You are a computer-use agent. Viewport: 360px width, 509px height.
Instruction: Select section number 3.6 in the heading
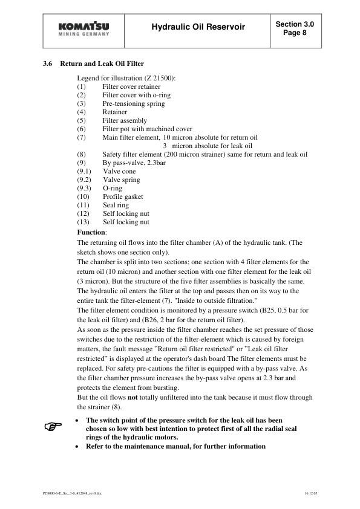tap(48, 63)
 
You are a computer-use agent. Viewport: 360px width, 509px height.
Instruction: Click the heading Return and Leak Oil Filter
tap(102, 63)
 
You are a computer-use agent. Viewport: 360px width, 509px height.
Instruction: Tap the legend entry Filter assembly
tap(125, 120)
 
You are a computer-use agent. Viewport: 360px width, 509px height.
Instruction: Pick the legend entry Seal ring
tap(116, 205)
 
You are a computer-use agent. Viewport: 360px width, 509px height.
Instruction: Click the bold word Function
tap(91, 232)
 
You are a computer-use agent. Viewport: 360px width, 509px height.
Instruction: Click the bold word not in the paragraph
tap(134, 397)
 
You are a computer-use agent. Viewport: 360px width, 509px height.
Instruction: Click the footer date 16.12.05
tap(311, 493)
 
